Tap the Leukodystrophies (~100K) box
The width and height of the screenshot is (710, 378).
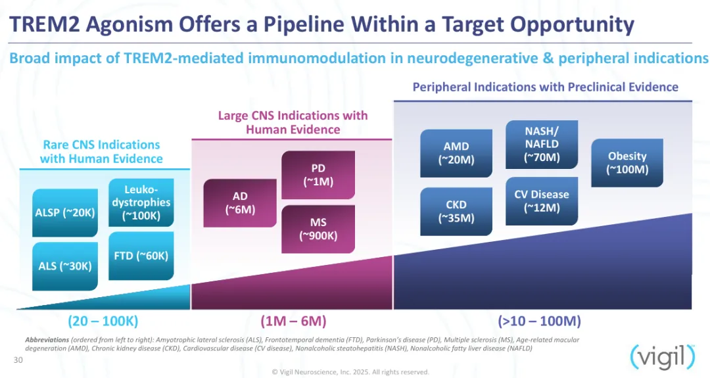[x=141, y=202]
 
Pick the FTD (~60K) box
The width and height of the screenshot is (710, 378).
[x=141, y=256]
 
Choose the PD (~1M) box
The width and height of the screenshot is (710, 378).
[x=318, y=175]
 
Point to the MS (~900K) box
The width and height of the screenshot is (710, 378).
[x=318, y=229]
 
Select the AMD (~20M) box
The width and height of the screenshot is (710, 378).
[x=456, y=153]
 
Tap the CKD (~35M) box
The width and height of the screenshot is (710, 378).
[x=456, y=211]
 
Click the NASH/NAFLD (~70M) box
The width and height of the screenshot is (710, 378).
[x=542, y=143]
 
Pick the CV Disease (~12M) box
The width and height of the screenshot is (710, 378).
[x=542, y=201]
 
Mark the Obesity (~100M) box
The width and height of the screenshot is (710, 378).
[x=627, y=162]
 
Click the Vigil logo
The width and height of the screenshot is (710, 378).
[x=662, y=356]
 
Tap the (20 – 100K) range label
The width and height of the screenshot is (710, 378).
[x=103, y=321]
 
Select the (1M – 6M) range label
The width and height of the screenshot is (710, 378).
[x=293, y=321]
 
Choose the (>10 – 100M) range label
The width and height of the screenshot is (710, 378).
[x=539, y=321]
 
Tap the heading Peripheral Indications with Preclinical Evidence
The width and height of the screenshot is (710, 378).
[x=545, y=87]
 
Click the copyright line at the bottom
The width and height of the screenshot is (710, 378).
[x=350, y=371]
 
